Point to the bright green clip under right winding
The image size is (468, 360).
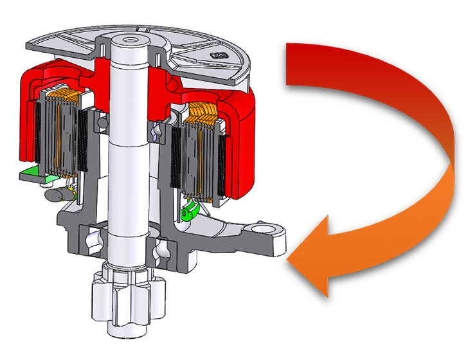coord(188,212)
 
